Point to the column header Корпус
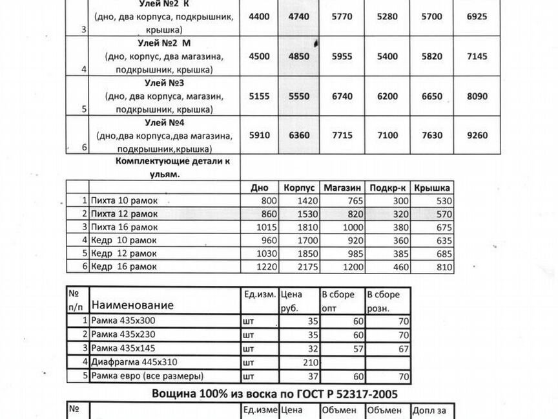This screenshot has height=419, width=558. pos(298,188)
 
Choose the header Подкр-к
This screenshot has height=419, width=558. pos(387,188)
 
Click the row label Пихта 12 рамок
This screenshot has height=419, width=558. pos(125,214)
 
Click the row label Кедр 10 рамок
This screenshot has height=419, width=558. pos(123,240)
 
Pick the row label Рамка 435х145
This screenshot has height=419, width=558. pos(124,349)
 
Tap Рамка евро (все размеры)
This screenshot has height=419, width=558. pos(147,376)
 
